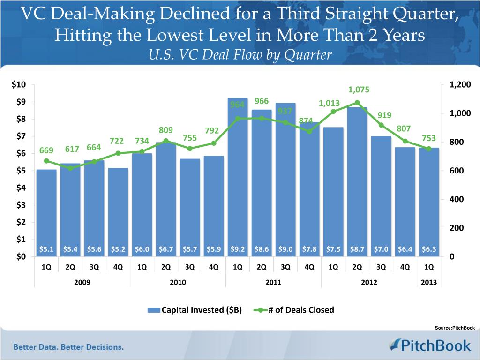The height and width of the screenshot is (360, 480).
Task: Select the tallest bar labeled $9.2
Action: [238, 178]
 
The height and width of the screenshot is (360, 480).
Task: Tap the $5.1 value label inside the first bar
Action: [46, 249]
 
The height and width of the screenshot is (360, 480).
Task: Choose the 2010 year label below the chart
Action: [178, 283]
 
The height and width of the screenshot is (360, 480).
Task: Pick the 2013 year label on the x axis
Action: [428, 283]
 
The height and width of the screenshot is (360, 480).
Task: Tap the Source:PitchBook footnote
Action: [455, 328]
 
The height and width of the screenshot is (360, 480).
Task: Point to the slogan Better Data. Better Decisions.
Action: [68, 347]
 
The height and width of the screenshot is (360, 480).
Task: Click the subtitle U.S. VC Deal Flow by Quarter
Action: [240, 55]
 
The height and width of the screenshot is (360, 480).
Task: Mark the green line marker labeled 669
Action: [46, 161]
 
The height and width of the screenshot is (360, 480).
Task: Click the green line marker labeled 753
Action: [428, 149]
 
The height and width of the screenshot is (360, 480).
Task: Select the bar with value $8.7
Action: [357, 183]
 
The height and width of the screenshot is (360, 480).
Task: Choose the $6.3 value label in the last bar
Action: [428, 249]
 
